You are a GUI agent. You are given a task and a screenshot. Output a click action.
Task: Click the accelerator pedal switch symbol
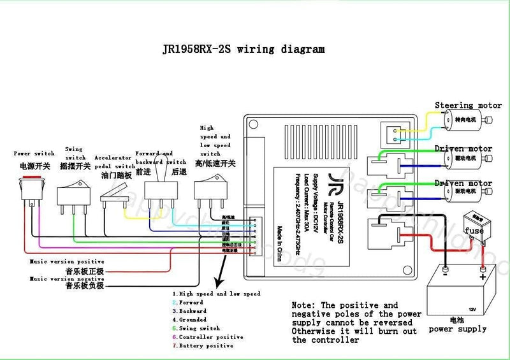pyautogui.click(x=115, y=194)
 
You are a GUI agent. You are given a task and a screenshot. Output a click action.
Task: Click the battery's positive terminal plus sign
pyautogui.click(x=483, y=277)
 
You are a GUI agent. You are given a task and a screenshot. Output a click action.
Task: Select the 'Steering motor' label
pyautogui.click(x=468, y=105)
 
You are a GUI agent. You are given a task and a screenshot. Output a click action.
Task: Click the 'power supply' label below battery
pyautogui.click(x=457, y=329)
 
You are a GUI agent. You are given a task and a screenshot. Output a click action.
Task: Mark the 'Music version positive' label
pyautogui.click(x=66, y=261)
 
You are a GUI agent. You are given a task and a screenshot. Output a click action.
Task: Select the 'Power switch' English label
pyautogui.click(x=34, y=154)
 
